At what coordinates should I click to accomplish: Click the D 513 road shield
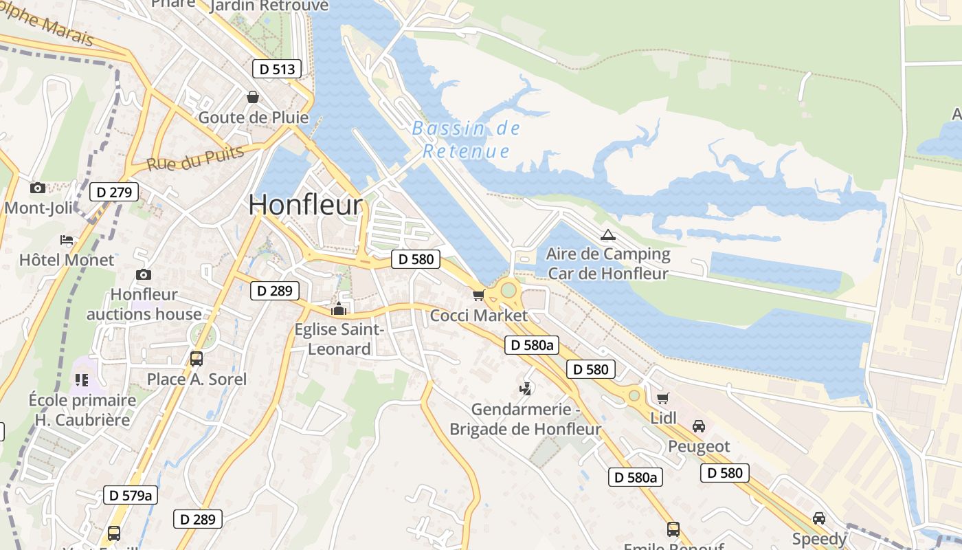pos(277,69)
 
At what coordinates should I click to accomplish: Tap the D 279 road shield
pos(114,192)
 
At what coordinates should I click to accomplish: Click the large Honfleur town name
pos(305,205)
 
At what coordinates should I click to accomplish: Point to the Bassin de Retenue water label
pos(466,140)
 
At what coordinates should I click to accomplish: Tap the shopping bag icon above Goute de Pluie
pos(253,97)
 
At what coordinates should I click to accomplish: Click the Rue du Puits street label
pos(195,158)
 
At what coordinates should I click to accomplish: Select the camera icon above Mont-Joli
pos(38,188)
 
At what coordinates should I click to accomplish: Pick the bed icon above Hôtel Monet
pos(67,240)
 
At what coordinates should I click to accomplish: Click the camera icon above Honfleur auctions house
pos(144,274)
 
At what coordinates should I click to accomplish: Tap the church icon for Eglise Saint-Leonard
pos(338,309)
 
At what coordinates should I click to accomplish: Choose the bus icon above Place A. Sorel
pos(197,358)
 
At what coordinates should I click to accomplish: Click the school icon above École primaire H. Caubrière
pos(82,379)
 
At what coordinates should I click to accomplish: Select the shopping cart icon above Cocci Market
pos(478,296)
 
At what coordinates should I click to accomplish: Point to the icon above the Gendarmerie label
pos(526,389)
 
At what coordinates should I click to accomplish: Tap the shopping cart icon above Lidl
pos(663,398)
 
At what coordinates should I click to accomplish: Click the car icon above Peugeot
pos(699,426)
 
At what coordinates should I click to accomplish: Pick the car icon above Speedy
pos(818,518)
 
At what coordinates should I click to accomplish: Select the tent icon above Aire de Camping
pos(607,234)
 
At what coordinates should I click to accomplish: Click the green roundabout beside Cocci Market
pos(508,290)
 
